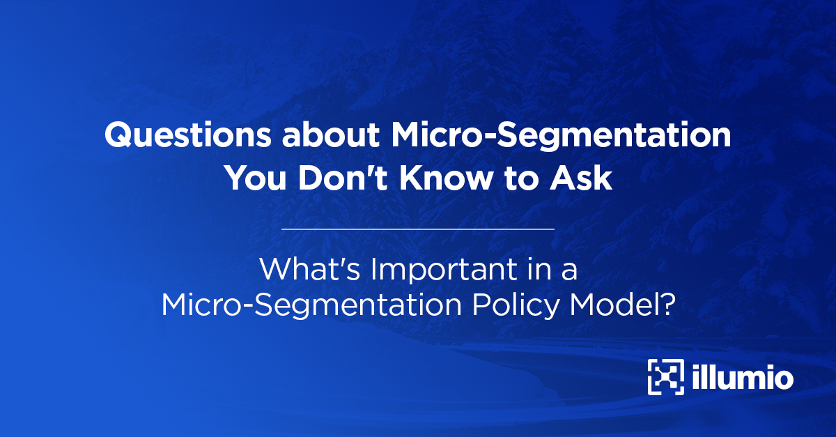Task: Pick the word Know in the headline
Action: tap(442, 179)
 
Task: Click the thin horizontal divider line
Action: tap(418, 228)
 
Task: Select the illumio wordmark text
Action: tap(743, 378)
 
